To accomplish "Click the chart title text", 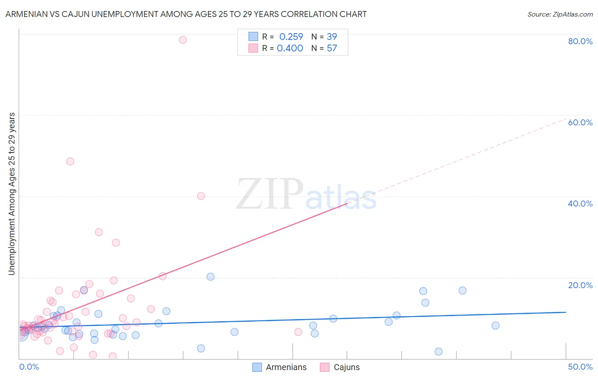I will tap(186, 14).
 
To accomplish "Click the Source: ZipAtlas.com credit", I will tap(560, 14).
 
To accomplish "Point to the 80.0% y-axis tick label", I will tap(580, 41).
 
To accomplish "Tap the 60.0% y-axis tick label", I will tap(580, 122).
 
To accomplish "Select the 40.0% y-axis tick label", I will tap(580, 204).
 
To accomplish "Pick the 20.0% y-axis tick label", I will tap(580, 285).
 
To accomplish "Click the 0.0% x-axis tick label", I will tap(29, 367).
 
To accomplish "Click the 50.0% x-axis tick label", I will tap(580, 367).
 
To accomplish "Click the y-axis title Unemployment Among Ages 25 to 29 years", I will tap(12, 194).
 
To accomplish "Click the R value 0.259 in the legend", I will tap(291, 37).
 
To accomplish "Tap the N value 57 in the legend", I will tap(332, 48).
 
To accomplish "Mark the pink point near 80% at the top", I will tap(183, 40).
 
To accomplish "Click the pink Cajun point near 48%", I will tap(70, 161).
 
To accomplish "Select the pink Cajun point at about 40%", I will tap(201, 196).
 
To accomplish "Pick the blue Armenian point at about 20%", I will tap(211, 277).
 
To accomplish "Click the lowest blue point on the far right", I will tap(439, 351).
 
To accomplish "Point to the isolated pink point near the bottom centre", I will tap(298, 332).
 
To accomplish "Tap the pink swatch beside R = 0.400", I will tap(253, 48).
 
